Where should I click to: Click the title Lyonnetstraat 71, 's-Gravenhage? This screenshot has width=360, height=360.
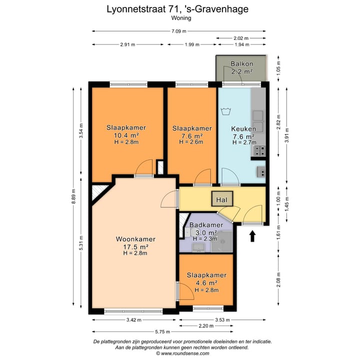(x=178, y=8)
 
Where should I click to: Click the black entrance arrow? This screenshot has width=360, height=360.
(x=252, y=235)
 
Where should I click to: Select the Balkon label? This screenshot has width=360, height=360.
(x=241, y=64)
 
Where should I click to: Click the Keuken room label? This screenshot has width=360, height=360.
(x=244, y=129)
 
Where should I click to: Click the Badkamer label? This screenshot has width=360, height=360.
(x=202, y=225)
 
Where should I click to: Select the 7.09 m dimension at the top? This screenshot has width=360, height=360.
(x=178, y=31)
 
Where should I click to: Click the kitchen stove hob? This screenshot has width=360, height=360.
(x=259, y=149)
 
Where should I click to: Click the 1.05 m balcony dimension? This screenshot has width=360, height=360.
(x=279, y=69)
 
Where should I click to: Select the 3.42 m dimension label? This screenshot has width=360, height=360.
(x=133, y=319)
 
